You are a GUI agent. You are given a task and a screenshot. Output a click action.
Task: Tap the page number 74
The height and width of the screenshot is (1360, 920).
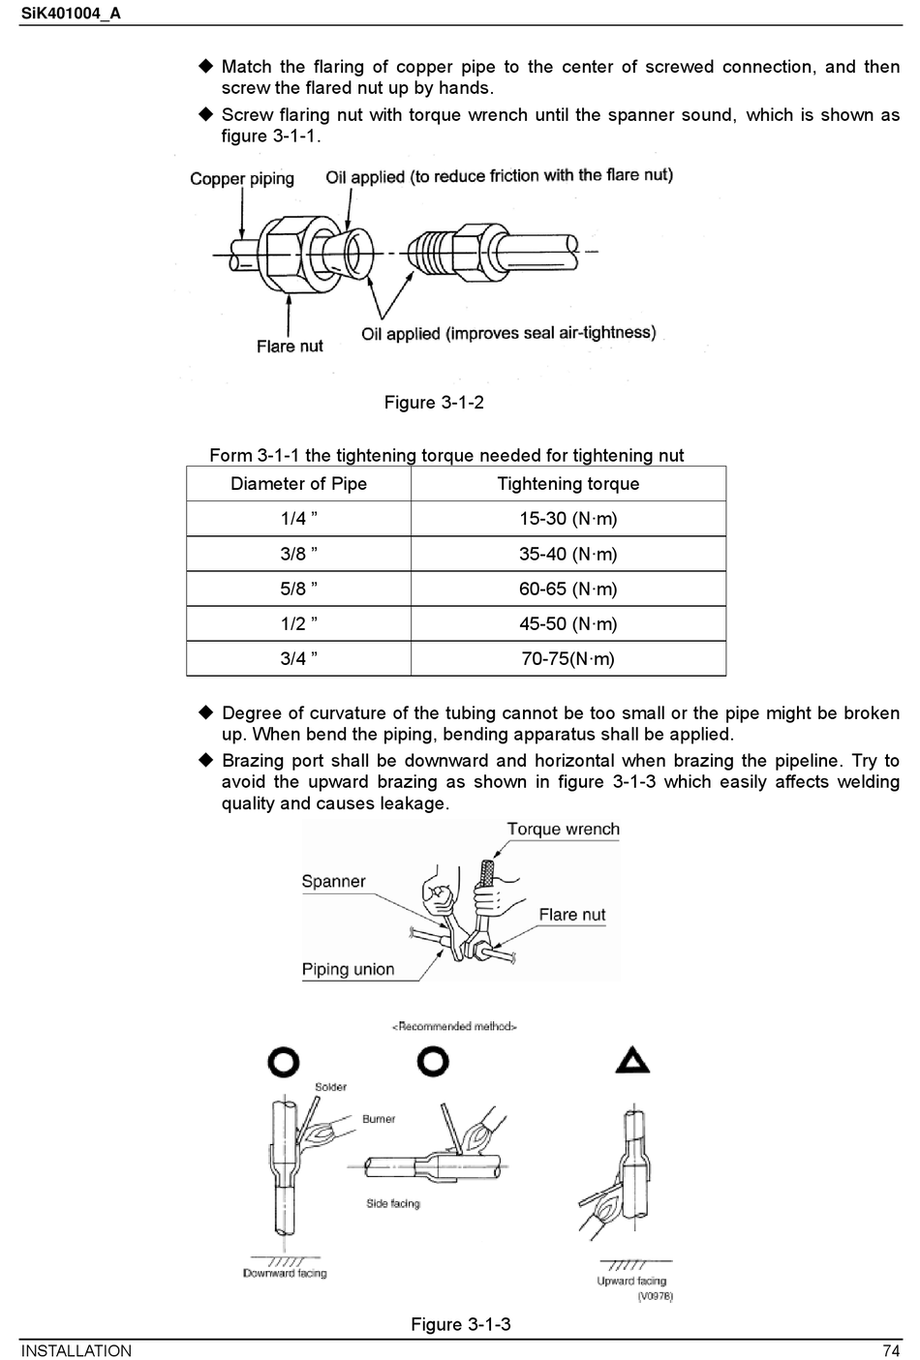891,1351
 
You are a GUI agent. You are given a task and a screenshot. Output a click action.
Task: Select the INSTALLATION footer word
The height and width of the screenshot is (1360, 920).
77,1351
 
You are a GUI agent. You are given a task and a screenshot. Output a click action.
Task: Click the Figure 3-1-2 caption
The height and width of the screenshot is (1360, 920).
434,403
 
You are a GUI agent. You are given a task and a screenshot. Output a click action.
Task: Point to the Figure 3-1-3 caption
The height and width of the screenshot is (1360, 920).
461,1324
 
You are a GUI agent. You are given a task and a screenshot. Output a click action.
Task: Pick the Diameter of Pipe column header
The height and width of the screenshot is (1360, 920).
298,484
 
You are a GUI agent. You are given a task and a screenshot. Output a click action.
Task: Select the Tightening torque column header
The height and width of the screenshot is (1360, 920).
567,484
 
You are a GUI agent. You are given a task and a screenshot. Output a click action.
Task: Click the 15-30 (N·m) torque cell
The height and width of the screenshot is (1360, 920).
567,519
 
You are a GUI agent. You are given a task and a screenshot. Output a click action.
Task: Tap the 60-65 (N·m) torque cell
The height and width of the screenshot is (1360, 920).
567,589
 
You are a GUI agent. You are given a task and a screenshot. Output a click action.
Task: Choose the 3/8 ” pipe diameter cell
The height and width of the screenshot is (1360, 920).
298,554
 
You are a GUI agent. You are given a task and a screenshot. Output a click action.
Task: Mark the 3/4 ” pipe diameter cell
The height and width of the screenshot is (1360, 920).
298,658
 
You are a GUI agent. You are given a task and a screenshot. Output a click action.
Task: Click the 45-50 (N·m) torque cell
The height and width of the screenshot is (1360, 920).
567,623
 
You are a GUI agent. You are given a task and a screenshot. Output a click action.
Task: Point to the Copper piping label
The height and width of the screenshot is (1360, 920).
242,178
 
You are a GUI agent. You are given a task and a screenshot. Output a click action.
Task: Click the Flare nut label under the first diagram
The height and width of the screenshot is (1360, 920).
290,346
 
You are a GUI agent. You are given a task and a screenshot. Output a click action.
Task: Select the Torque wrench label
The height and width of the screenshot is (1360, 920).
563,830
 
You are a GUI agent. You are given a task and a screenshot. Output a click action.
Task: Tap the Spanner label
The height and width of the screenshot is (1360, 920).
333,882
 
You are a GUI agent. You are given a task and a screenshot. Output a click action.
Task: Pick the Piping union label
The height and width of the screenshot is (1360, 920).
348,969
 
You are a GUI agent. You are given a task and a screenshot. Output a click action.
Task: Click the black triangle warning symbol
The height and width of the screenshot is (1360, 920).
632,1061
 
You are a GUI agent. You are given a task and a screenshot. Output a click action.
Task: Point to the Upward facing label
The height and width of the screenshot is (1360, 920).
631,1281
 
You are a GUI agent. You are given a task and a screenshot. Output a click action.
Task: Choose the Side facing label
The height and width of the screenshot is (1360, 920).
393,1203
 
